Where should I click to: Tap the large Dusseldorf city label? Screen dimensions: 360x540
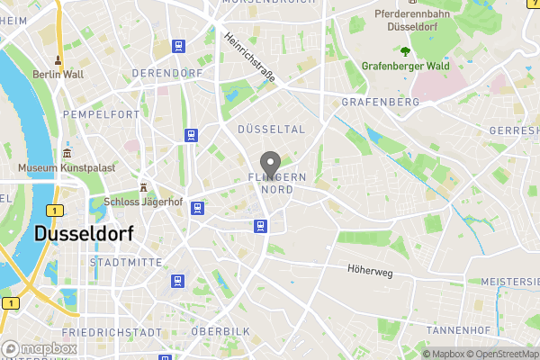(84, 233)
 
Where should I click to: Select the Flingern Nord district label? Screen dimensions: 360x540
(277, 184)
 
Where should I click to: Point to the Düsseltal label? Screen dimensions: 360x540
(271, 130)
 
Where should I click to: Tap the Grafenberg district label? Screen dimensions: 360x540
(381, 103)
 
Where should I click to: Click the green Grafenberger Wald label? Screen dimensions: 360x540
(405, 66)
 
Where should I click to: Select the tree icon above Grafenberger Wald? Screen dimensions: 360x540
(405, 49)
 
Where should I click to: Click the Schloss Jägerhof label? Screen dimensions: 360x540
(143, 202)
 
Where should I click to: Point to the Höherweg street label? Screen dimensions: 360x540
(372, 269)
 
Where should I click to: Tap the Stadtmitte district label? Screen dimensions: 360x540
(126, 262)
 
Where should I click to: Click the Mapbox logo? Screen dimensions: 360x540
(39, 348)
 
